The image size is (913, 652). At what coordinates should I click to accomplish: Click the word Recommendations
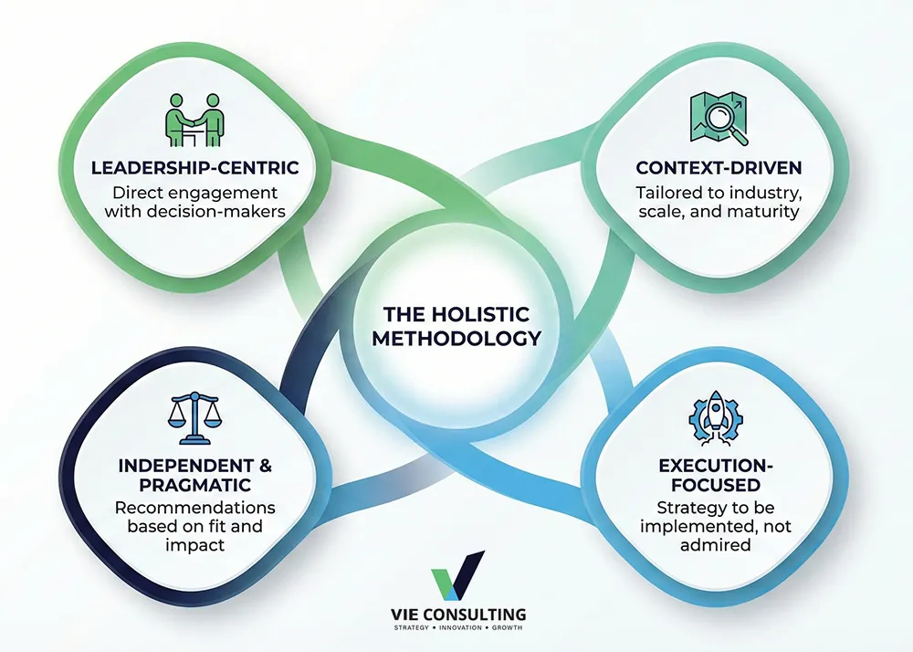(x=194, y=509)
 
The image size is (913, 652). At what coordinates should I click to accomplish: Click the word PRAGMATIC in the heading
(x=194, y=486)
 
